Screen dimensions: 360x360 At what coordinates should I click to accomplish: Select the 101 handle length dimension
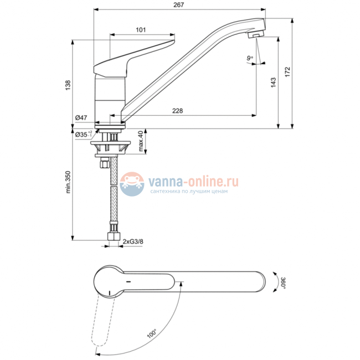(141, 30)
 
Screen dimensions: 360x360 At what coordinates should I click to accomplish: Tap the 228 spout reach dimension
(177, 111)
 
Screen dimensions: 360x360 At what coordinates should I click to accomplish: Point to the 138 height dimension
(68, 85)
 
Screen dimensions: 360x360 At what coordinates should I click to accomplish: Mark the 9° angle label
(250, 57)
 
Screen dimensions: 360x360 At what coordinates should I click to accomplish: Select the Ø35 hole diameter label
(83, 133)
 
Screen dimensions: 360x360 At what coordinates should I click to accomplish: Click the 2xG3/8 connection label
(132, 241)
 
